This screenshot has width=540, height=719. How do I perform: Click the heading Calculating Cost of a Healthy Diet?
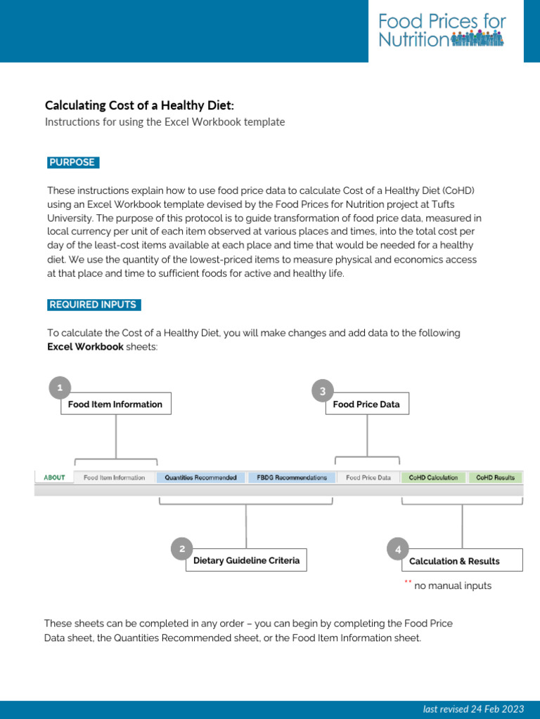(139, 105)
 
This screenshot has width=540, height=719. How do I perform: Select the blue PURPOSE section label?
(72, 163)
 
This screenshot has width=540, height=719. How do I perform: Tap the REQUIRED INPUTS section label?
(93, 305)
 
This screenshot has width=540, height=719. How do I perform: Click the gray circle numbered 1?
(60, 388)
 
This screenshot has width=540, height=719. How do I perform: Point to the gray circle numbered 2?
(182, 549)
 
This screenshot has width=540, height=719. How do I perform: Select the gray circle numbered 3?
(322, 392)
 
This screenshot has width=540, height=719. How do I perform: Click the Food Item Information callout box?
(115, 404)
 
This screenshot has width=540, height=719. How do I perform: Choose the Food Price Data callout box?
(366, 404)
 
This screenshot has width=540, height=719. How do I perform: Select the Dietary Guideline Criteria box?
(246, 560)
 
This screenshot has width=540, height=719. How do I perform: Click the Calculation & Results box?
(462, 561)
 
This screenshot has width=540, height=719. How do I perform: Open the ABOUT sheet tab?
(54, 477)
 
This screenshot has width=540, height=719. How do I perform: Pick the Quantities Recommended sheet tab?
(200, 477)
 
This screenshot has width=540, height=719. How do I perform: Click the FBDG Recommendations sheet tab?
(291, 477)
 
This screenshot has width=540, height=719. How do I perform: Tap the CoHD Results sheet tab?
(495, 477)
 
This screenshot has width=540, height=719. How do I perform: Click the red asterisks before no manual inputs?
(407, 583)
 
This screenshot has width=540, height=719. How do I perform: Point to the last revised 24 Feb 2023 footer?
(474, 709)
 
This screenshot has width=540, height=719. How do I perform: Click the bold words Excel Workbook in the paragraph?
(85, 347)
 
